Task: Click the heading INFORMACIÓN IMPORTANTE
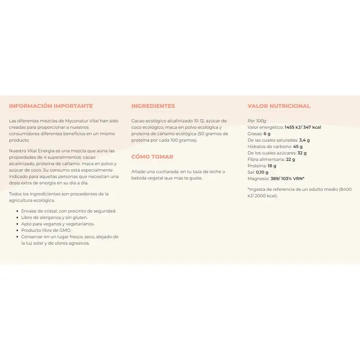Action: pyautogui.click(x=51, y=106)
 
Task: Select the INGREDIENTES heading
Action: pyautogui.click(x=153, y=106)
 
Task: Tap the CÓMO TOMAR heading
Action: pyautogui.click(x=152, y=157)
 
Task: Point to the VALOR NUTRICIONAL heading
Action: pyautogui.click(x=279, y=106)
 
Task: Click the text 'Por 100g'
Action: pyautogui.click(x=257, y=121)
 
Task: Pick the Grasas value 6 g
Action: pyautogui.click(x=267, y=134)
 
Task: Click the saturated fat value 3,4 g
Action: pyautogui.click(x=305, y=140)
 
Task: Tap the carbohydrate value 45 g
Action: pyautogui.click(x=297, y=146)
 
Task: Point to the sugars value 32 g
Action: pyautogui.click(x=302, y=153)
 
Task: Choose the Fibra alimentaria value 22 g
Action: pyautogui.click(x=291, y=159)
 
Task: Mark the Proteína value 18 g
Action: pyautogui.click(x=272, y=166)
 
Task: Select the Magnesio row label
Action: pyautogui.click(x=258, y=179)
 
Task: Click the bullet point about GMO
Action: pyautogui.click(x=46, y=230)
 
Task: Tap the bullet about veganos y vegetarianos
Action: pyautogui.click(x=58, y=224)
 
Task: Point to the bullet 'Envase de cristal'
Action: pyautogui.click(x=68, y=211)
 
